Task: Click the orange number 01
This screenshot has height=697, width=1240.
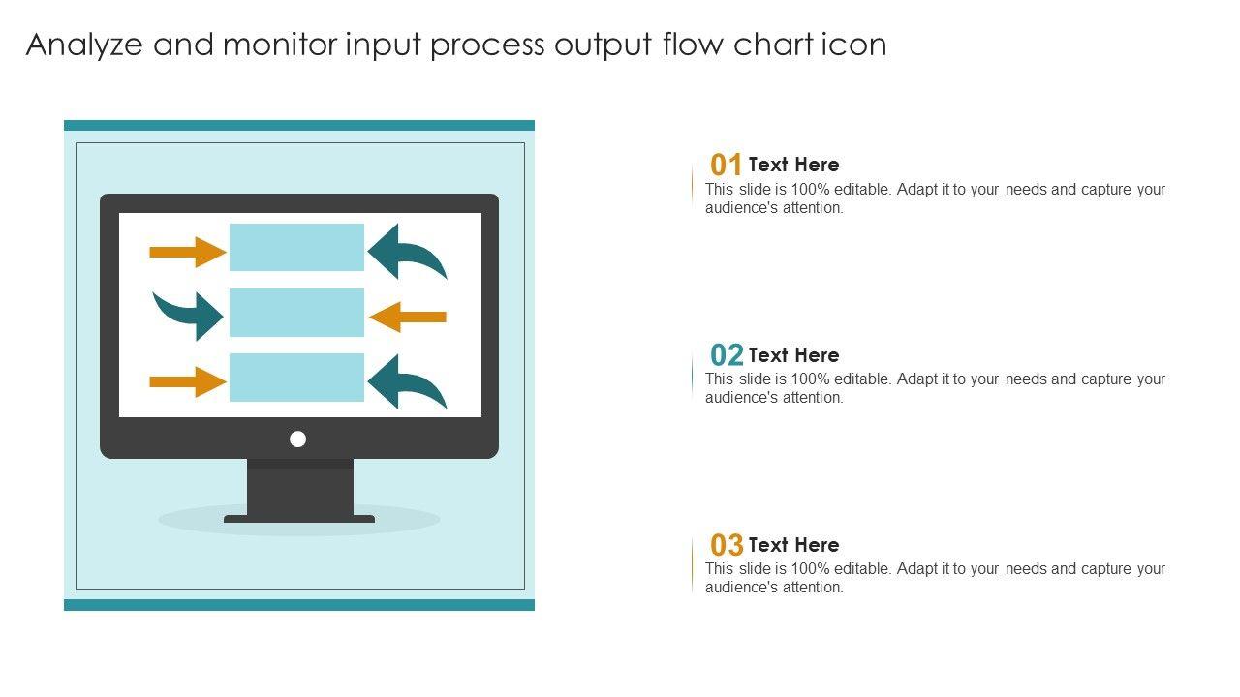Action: click(x=726, y=165)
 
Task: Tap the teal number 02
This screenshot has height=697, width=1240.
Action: click(x=727, y=355)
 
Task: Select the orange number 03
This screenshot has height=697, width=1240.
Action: click(x=727, y=545)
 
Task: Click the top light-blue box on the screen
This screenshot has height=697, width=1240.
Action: click(x=296, y=247)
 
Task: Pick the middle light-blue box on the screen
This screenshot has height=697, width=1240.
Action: click(x=296, y=313)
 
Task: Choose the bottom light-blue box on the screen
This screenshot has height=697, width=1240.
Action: click(x=296, y=378)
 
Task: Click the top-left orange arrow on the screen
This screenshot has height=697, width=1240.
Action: click(x=188, y=253)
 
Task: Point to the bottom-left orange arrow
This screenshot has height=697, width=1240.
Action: click(x=188, y=381)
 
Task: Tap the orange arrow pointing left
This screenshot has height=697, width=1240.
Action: click(x=408, y=317)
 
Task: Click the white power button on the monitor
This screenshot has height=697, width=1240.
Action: click(x=297, y=439)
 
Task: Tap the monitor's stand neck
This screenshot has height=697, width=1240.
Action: click(x=300, y=487)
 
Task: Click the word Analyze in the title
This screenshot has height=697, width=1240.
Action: click(x=84, y=45)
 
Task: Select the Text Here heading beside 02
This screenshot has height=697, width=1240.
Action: click(x=793, y=355)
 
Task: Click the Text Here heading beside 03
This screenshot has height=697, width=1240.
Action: click(x=793, y=545)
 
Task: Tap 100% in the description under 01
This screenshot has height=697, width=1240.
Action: click(x=811, y=189)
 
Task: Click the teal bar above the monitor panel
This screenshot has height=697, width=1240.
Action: click(x=299, y=126)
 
